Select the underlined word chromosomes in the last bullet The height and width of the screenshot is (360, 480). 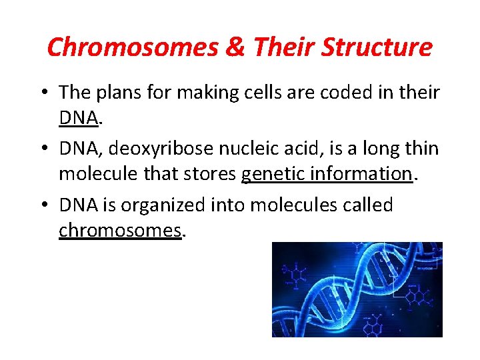point(120,231)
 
